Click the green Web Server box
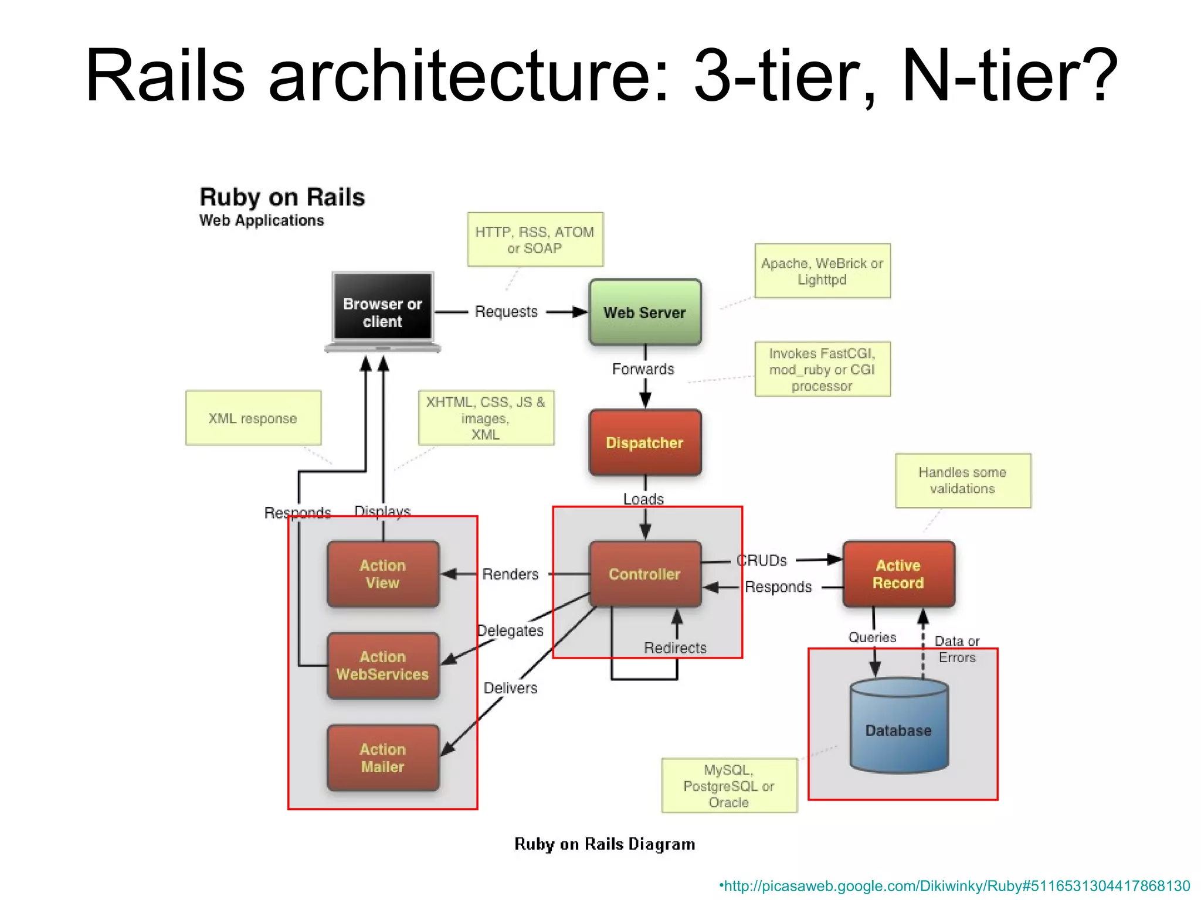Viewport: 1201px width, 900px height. [644, 312]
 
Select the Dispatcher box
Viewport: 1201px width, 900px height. [644, 442]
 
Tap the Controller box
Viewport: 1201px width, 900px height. [644, 574]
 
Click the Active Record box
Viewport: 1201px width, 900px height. [898, 574]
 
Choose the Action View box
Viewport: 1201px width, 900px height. [382, 574]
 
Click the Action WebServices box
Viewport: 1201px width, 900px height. [382, 665]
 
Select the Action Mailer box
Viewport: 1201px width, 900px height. [382, 758]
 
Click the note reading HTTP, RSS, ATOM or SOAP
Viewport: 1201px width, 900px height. [535, 240]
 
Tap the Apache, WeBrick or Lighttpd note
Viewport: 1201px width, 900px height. [822, 271]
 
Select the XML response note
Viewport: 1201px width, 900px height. [253, 418]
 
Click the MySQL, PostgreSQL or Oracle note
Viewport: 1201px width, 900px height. [729, 786]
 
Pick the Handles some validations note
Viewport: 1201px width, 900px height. [962, 480]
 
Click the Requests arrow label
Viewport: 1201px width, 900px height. [506, 312]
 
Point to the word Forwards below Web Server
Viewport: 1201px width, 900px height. [643, 369]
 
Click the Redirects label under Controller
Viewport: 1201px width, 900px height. [675, 648]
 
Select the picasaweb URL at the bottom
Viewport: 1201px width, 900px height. [955, 886]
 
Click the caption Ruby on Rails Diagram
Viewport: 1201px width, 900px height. [605, 844]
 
